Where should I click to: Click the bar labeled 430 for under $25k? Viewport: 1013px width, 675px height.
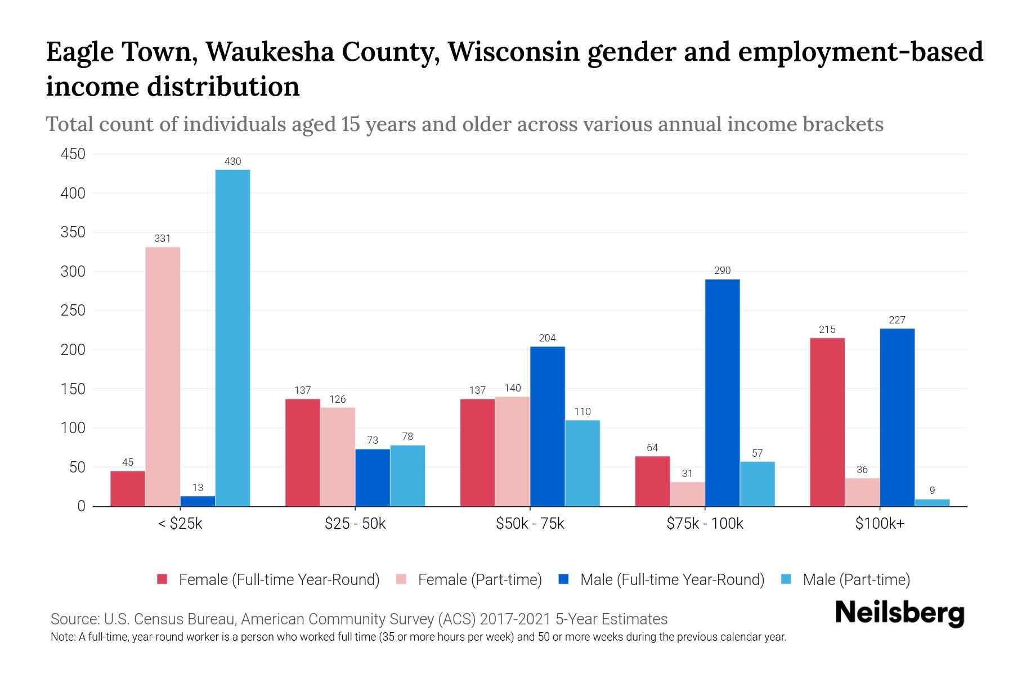click(232, 337)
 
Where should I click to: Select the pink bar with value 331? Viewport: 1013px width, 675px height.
click(163, 376)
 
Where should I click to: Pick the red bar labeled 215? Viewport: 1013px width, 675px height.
click(827, 422)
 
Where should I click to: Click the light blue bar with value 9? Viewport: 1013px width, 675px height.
click(932, 502)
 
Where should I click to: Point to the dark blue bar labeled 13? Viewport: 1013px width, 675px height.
click(198, 501)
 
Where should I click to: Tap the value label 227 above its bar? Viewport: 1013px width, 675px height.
click(897, 320)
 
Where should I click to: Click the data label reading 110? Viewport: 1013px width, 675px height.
click(582, 412)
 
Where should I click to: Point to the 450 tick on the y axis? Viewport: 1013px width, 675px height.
click(73, 154)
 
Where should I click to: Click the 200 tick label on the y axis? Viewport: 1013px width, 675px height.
click(73, 350)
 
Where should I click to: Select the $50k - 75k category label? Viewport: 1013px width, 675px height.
click(530, 524)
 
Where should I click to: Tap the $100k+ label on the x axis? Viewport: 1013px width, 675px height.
click(880, 524)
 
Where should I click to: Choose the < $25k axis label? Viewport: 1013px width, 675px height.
click(180, 524)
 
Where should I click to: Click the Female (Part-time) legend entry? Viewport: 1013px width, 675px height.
click(479, 580)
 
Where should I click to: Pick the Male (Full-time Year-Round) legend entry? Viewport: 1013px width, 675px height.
click(672, 580)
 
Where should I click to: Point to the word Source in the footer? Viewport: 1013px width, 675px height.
click(74, 619)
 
